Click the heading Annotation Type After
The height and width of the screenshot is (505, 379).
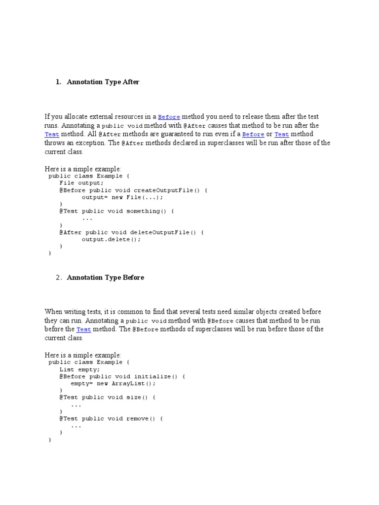tap(103, 82)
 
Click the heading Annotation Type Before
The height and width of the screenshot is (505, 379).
tap(105, 277)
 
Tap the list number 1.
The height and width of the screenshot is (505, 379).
tap(58, 82)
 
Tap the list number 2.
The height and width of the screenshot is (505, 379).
tap(58, 277)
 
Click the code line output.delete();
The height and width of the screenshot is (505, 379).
tap(111, 239)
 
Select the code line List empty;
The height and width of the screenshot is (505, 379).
tap(79, 369)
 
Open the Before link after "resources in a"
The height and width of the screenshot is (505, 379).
tap(169, 117)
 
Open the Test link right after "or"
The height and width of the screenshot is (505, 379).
tap(281, 134)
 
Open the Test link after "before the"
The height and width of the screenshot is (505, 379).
tap(83, 329)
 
